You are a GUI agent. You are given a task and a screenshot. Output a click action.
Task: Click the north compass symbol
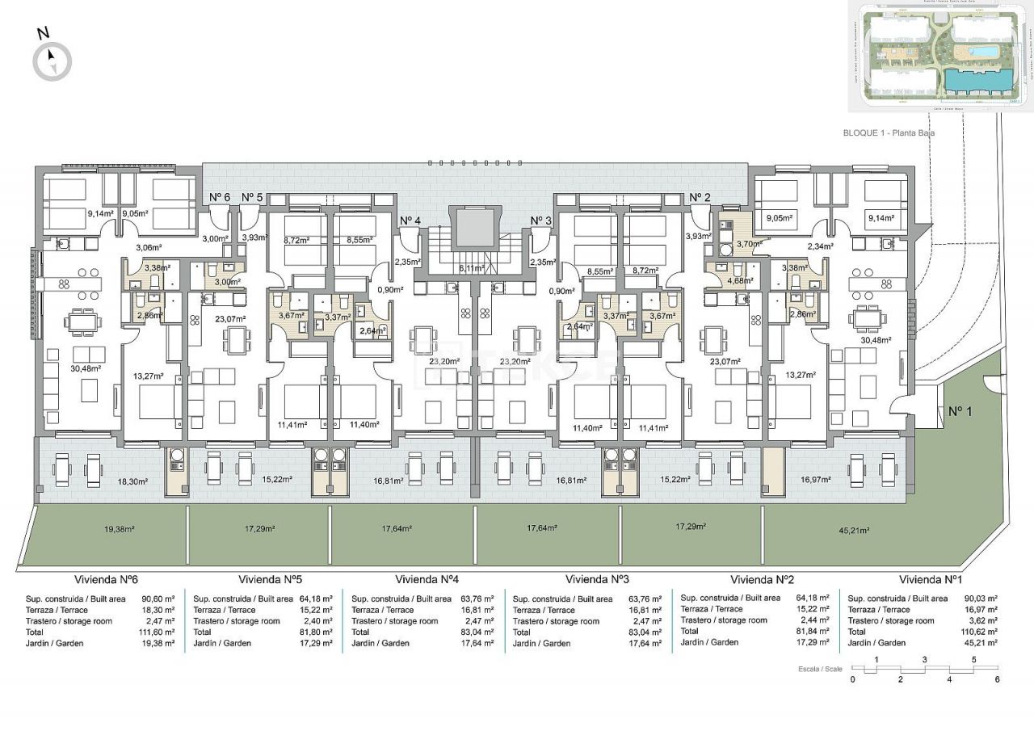click(x=52, y=61)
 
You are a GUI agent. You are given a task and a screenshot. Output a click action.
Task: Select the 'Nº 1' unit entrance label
click(x=960, y=411)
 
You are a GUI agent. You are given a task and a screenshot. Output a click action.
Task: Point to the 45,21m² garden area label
click(x=853, y=531)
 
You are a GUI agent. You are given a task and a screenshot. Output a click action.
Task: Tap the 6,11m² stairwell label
click(x=471, y=268)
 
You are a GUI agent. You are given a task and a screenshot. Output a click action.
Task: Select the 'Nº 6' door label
click(x=221, y=197)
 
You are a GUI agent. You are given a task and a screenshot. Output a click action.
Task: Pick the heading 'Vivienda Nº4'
click(x=427, y=580)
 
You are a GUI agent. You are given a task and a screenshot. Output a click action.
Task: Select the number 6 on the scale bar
click(x=998, y=680)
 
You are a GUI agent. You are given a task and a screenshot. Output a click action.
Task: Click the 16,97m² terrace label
click(x=816, y=479)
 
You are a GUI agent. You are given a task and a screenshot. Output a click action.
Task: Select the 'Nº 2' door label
click(x=700, y=197)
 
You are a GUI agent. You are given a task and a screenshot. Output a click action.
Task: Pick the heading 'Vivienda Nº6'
click(x=107, y=580)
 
